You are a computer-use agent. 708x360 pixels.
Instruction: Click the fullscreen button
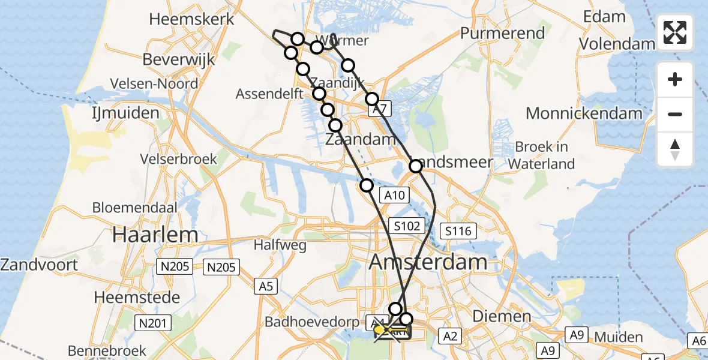[675, 32]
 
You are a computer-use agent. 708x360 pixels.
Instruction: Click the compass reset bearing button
[675, 149]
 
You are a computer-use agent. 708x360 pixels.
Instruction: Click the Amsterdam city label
[428, 262]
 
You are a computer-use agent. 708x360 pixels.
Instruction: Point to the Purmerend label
[503, 33]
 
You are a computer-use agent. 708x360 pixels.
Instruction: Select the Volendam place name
[617, 44]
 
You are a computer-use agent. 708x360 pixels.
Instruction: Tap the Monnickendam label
[584, 113]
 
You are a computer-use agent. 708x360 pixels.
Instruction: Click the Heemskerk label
[191, 19]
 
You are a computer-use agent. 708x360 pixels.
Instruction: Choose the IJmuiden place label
[125, 113]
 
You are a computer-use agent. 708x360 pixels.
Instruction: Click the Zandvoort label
[39, 265]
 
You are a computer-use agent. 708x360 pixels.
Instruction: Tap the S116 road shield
[458, 231]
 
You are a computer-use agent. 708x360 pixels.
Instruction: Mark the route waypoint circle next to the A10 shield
[367, 185]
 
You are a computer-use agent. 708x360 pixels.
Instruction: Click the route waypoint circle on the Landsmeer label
[416, 166]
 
